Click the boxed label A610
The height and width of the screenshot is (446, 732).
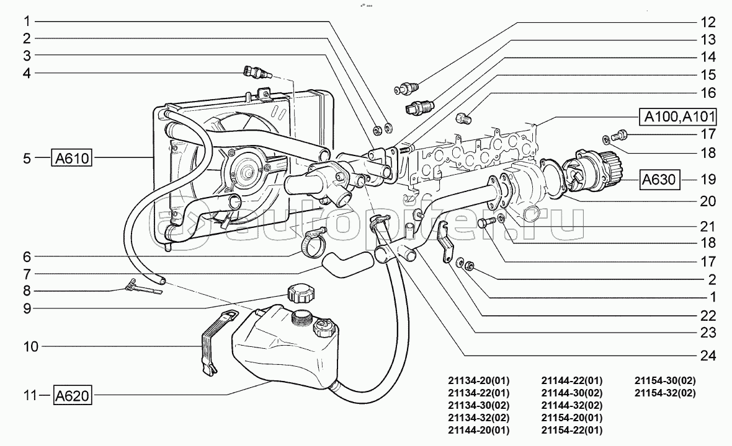[72, 159]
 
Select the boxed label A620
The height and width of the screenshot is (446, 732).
[73, 395]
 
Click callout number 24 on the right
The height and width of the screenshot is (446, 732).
[708, 356]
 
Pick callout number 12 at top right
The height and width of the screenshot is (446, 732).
[708, 23]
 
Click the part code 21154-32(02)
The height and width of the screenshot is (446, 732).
[664, 393]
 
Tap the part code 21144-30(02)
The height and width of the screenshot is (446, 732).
[571, 393]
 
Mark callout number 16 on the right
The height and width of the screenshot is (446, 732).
[708, 93]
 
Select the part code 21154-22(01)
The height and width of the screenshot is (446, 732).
[571, 430]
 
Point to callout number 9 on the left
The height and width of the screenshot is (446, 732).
[26, 308]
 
